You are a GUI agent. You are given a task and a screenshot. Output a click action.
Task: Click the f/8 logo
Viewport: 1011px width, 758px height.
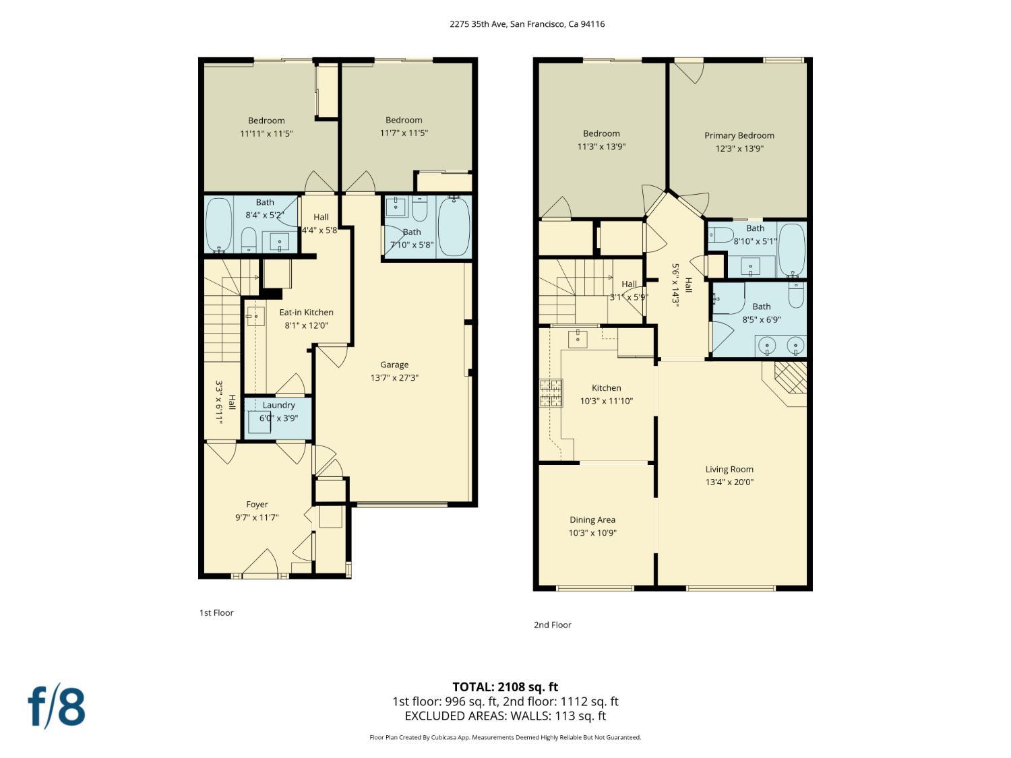57,707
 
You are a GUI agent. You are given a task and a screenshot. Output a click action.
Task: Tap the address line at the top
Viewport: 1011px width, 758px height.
527,24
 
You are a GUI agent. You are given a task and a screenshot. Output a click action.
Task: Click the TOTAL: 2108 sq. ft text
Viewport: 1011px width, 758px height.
506,687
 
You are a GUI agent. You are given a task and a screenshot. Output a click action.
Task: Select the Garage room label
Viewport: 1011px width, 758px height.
394,365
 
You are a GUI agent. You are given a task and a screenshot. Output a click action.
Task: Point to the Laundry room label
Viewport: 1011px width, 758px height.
278,405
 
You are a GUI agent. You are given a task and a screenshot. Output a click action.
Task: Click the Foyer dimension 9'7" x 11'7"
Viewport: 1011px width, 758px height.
257,517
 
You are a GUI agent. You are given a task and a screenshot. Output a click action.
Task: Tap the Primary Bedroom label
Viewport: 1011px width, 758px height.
739,136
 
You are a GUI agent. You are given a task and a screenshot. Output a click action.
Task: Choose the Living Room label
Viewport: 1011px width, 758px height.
729,470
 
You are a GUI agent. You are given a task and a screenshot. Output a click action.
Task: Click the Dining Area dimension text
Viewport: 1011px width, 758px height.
592,533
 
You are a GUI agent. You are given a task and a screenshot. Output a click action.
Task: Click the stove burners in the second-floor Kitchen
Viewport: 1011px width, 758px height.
551,393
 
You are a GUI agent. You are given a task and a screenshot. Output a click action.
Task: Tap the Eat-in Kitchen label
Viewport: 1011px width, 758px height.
306,312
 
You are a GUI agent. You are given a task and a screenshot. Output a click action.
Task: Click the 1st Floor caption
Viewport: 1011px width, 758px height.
216,612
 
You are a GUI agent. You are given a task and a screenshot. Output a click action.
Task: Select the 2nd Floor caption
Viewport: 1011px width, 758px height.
552,625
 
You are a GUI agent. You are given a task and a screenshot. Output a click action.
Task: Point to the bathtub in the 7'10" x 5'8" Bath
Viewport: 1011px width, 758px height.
454,227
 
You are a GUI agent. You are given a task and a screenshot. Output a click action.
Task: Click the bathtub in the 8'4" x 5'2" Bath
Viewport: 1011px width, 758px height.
219,225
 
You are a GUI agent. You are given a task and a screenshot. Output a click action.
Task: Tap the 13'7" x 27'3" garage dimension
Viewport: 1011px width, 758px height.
394,378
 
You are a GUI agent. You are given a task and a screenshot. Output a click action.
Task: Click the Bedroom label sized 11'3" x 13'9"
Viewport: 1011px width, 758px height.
601,133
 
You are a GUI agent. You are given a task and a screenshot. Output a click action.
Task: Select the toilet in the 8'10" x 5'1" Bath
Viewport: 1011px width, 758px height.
721,234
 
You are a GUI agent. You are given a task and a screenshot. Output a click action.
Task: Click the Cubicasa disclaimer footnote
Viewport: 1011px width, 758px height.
506,737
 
